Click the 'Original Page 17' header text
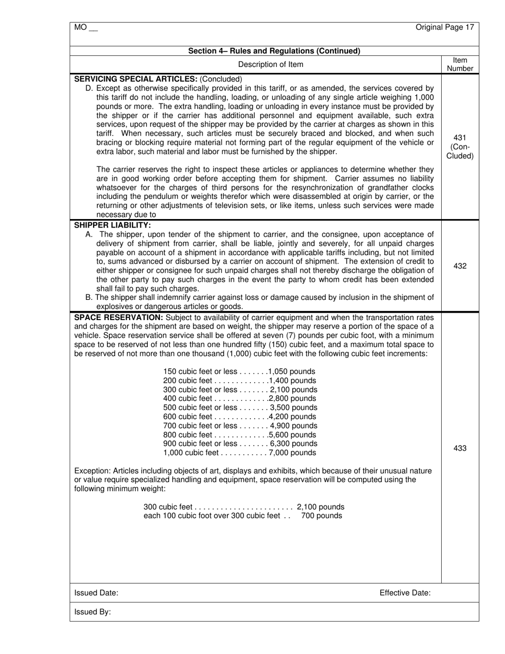coord(444,27)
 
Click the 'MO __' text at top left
coord(86,28)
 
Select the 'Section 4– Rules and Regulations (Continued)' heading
coord(274,51)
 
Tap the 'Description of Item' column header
coord(271,64)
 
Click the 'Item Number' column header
coord(460,64)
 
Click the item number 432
coord(460,266)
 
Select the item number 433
coord(460,448)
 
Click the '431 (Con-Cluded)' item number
coord(460,147)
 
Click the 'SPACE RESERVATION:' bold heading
coord(118,318)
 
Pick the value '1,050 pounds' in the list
coord(291,372)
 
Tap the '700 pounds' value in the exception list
coord(322,516)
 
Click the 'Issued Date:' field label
coord(96,593)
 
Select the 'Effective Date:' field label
coord(405,593)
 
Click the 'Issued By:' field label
coord(92,612)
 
